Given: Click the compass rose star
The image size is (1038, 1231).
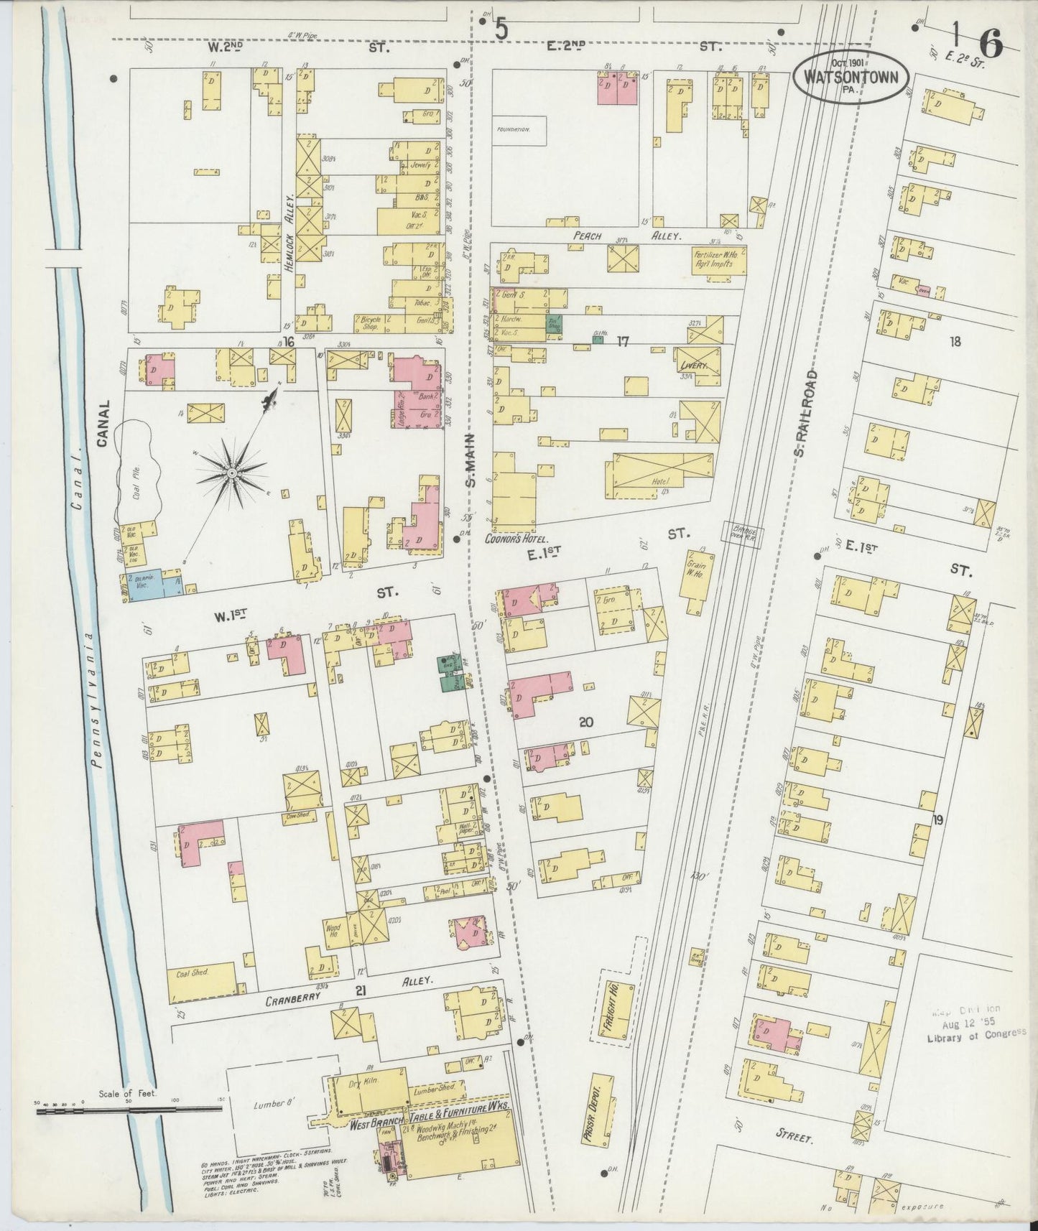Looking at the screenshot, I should point(232,473).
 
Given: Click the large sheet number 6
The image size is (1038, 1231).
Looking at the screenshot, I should point(990,45).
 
